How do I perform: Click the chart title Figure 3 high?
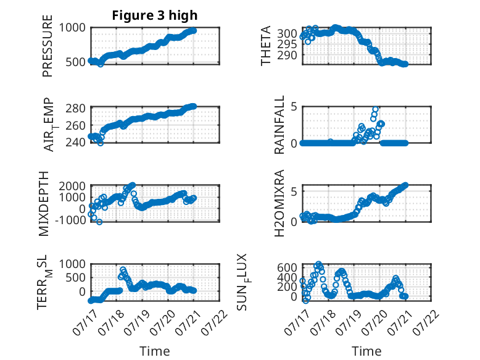click(155, 15)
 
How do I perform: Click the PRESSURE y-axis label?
click(48, 46)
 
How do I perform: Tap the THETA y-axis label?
click(266, 46)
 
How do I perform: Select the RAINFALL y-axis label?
click(279, 125)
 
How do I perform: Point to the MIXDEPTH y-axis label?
click(44, 204)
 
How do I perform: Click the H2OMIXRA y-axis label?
click(279, 203)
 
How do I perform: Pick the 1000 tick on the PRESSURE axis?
click(72, 28)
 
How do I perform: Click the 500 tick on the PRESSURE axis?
click(76, 62)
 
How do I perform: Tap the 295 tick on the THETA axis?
click(287, 44)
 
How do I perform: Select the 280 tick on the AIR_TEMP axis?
click(76, 108)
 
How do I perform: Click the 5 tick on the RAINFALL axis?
click(294, 107)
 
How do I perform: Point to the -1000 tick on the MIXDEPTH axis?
click(71, 220)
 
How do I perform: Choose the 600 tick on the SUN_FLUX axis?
click(287, 267)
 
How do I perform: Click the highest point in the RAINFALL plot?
click(375, 109)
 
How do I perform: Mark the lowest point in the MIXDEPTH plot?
click(99, 222)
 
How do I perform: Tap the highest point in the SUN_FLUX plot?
click(319, 264)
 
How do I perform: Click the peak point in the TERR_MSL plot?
click(123, 270)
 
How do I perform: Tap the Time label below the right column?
click(366, 351)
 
